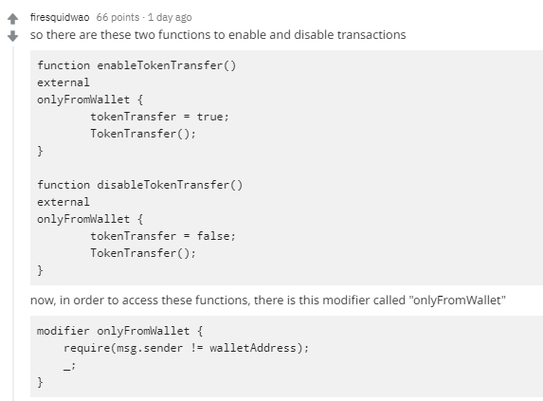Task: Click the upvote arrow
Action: [x=13, y=19]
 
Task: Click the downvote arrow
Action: [x=13, y=36]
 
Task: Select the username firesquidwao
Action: [x=60, y=17]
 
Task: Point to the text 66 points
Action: [x=118, y=17]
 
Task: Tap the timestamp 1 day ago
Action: [x=170, y=17]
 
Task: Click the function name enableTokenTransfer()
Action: [x=167, y=65]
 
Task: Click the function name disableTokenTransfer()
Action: [x=170, y=185]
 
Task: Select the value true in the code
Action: [x=212, y=117]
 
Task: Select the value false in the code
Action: [x=216, y=236]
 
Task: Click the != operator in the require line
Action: [x=197, y=348]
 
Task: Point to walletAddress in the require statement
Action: [x=253, y=348]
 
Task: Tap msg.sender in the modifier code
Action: [x=150, y=348]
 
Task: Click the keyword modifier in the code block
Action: [x=63, y=331]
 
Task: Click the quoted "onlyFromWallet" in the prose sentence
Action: [x=458, y=300]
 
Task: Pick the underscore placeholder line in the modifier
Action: [x=69, y=366]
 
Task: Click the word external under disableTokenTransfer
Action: [x=63, y=202]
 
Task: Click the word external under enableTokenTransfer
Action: [x=63, y=82]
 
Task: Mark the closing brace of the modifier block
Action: [x=40, y=382]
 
